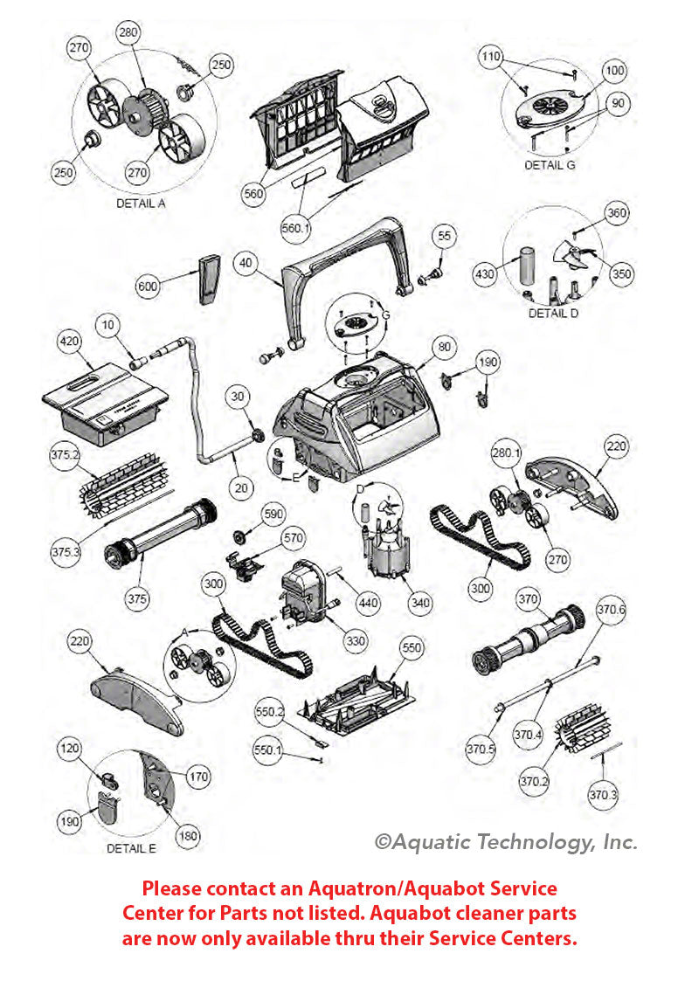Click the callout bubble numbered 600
149,287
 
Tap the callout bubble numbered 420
71,342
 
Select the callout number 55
445,237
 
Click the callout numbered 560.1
296,228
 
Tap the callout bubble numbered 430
487,275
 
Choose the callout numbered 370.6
611,611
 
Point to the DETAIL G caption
550,164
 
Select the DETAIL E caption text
131,848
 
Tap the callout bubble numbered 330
356,641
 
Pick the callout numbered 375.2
65,456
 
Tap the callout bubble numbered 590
273,515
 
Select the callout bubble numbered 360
617,214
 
